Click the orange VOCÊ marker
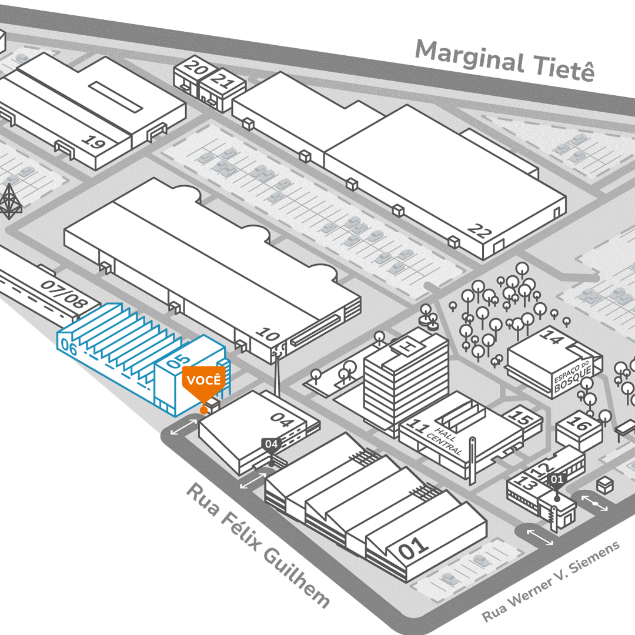point(203,380)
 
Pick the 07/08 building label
point(65,294)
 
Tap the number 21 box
point(222,78)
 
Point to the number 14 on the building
point(551,337)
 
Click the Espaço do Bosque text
point(577,375)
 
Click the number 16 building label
point(578,424)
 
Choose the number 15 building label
point(520,419)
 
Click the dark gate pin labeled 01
point(556,480)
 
